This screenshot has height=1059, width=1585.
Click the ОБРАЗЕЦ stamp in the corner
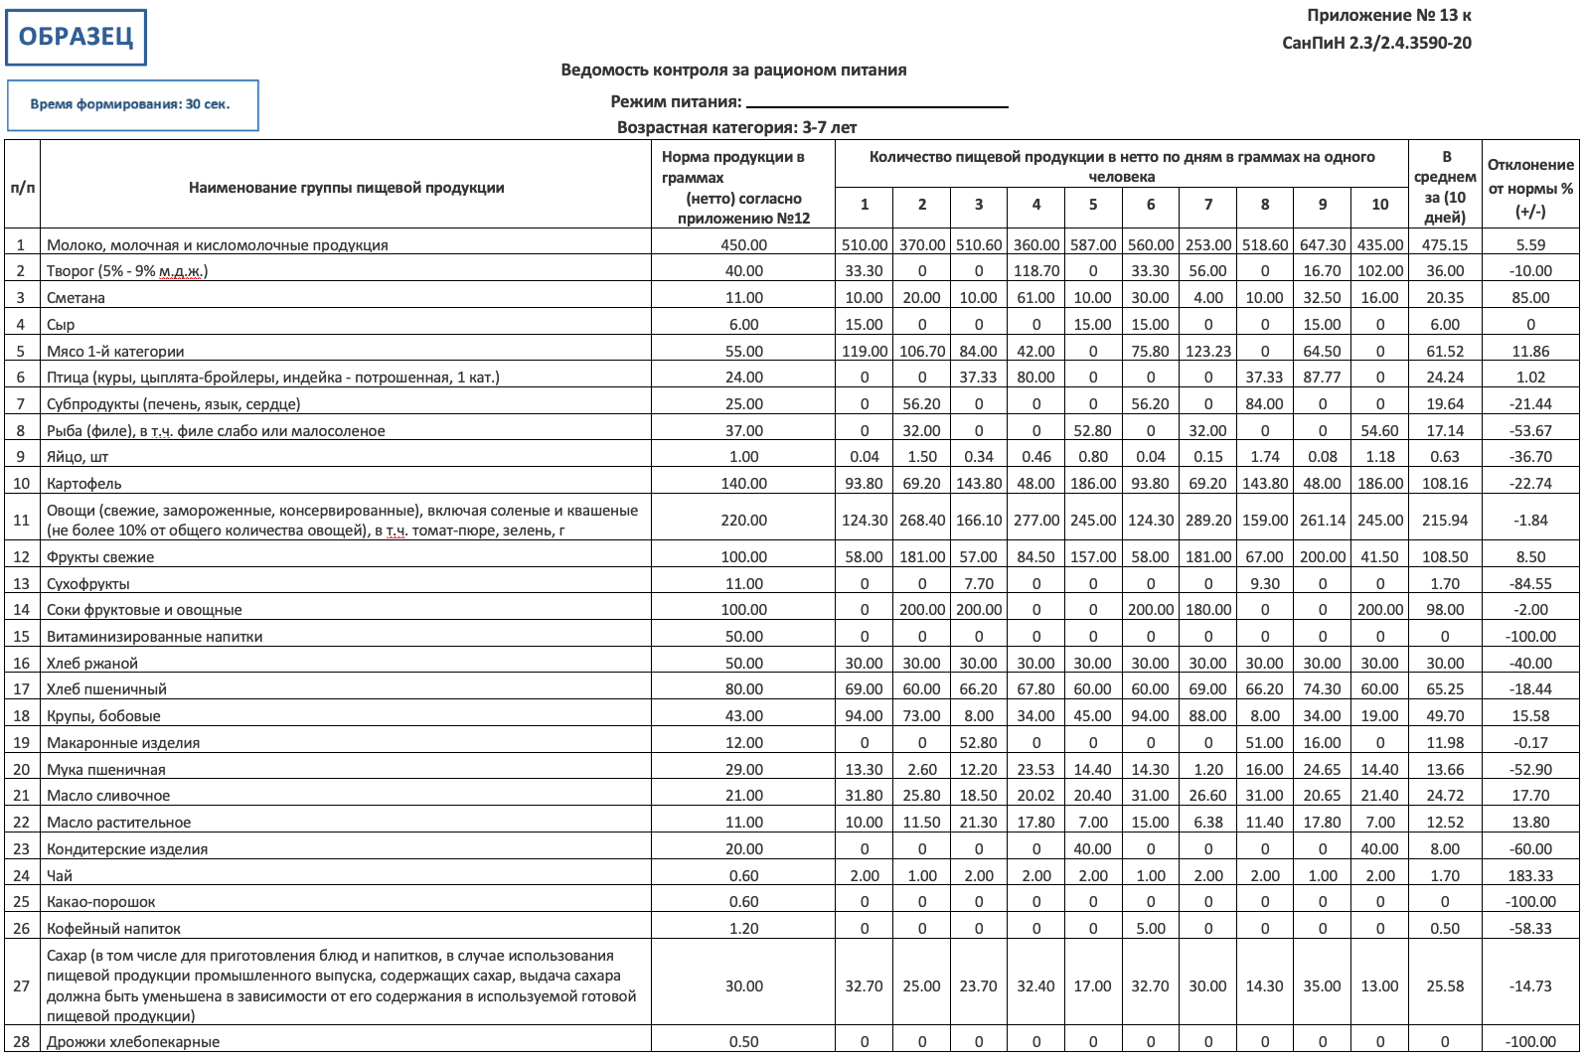(76, 38)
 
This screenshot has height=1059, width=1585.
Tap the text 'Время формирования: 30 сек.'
(130, 104)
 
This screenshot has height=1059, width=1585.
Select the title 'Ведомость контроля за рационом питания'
(733, 70)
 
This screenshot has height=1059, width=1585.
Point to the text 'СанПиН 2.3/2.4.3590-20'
(1376, 43)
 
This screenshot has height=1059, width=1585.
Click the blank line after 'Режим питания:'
(876, 103)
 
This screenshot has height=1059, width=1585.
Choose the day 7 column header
(1207, 205)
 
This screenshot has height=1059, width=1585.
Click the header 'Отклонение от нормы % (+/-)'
(1529, 188)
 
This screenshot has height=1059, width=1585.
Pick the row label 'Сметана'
(76, 298)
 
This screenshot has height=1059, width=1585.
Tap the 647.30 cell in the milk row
(1322, 245)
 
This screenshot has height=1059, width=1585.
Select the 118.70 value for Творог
(1035, 271)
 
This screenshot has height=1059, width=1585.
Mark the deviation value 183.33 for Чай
(1529, 876)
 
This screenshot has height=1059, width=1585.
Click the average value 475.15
(1444, 245)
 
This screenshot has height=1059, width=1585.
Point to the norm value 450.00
(743, 245)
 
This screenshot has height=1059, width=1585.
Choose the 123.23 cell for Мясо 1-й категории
(1207, 352)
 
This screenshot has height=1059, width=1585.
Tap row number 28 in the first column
(21, 1042)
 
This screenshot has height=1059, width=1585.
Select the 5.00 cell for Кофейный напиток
(1150, 929)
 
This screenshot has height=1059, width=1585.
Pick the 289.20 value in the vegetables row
(1207, 521)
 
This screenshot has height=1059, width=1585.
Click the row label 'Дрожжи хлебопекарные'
(133, 1042)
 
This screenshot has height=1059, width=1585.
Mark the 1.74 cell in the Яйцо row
(1264, 457)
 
